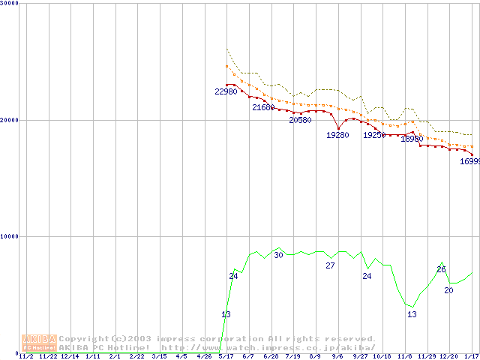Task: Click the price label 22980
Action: [x=226, y=91]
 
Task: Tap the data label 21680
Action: [x=263, y=107]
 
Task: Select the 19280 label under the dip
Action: [x=337, y=135]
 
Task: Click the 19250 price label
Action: [x=374, y=135]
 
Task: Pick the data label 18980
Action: [x=411, y=139]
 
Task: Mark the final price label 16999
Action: [x=469, y=161]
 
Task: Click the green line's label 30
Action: [x=278, y=255]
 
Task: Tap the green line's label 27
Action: [x=330, y=265]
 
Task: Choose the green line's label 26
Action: [x=441, y=269]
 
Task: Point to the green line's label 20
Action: [x=448, y=289]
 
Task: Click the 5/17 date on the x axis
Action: [x=226, y=356]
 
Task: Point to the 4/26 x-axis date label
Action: [x=204, y=356]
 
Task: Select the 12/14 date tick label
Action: [x=70, y=356]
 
